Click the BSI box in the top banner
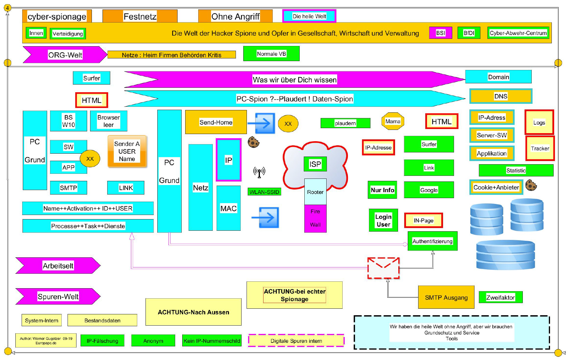pyautogui.click(x=440, y=33)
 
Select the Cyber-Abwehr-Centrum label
pyautogui.click(x=518, y=33)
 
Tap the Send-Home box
pyautogui.click(x=216, y=122)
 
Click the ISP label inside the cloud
pyautogui.click(x=315, y=164)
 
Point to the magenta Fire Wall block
pyautogui.click(x=315, y=218)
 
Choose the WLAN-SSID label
pyautogui.click(x=264, y=192)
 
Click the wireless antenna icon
pyautogui.click(x=259, y=172)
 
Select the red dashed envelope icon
pyautogui.click(x=383, y=268)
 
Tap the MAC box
pyautogui.click(x=228, y=208)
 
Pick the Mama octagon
pyautogui.click(x=393, y=121)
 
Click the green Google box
pyautogui.click(x=429, y=190)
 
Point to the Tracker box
pyautogui.click(x=540, y=148)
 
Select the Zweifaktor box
pyautogui.click(x=501, y=297)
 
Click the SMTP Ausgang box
pyautogui.click(x=446, y=297)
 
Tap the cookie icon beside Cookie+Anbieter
pyautogui.click(x=531, y=185)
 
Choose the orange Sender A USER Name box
pyautogui.click(x=127, y=151)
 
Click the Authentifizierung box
pyautogui.click(x=432, y=241)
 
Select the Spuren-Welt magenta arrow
pyautogui.click(x=58, y=297)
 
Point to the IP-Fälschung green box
pyautogui.click(x=102, y=341)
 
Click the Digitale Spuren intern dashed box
pyautogui.click(x=296, y=341)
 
